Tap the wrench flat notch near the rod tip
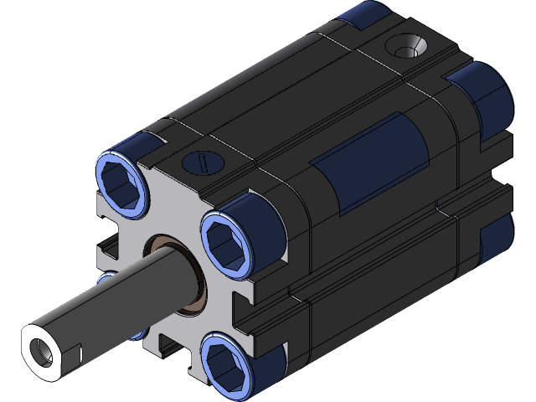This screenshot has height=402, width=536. pyautogui.click(x=78, y=351)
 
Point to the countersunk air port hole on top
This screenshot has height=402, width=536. pyautogui.click(x=409, y=47)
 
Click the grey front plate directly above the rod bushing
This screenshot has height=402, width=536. pyautogui.click(x=172, y=218)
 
